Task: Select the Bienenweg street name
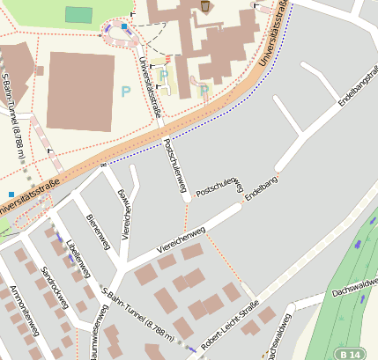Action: point(98,230)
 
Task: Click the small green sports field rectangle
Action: point(78,15)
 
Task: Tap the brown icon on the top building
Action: point(205,6)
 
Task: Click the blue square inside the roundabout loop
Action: point(124,27)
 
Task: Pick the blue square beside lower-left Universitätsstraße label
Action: point(11,194)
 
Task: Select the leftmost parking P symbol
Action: point(125,91)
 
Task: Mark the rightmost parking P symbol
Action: point(204,89)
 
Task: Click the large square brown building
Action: point(80,92)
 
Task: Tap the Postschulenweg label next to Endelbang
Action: point(218,186)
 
